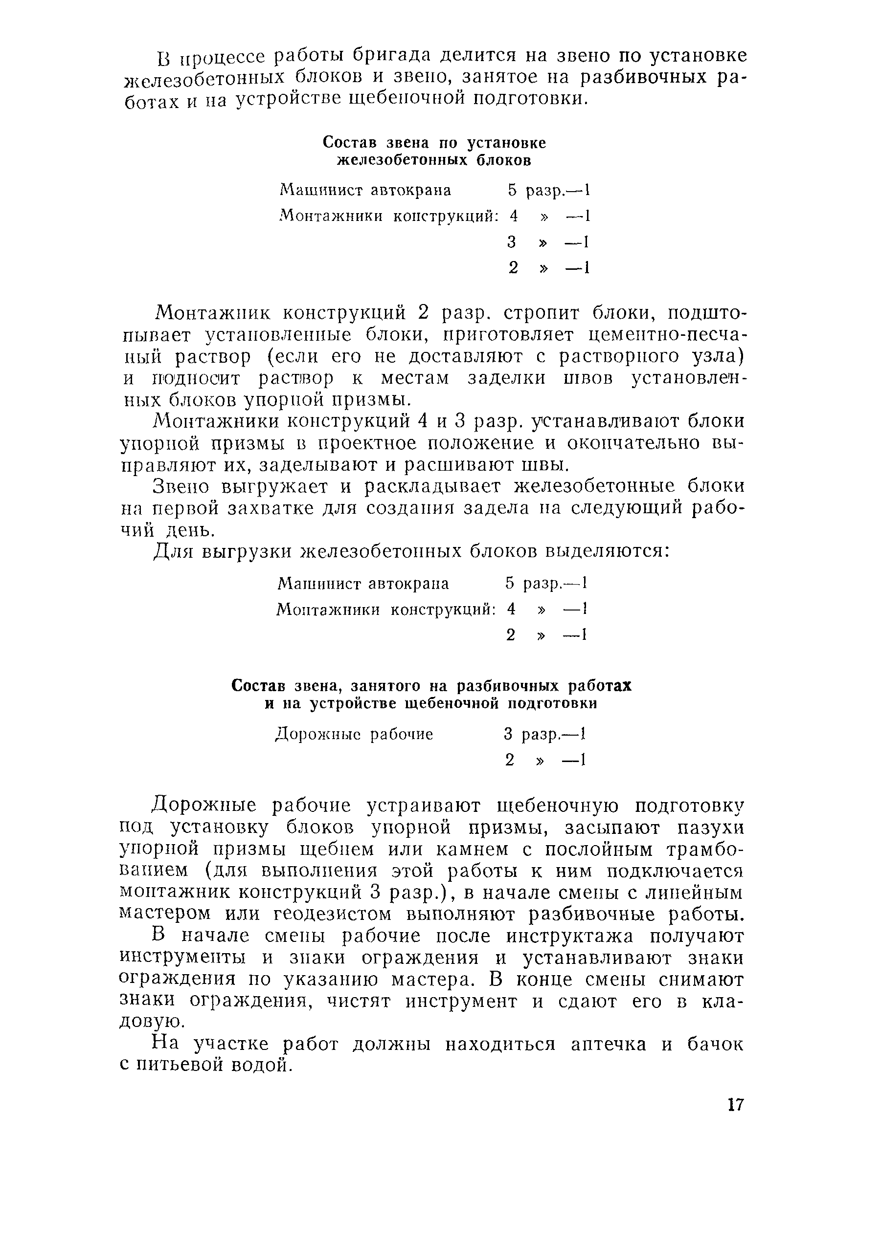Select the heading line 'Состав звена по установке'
pos(434,143)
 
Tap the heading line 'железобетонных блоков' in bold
pos(434,160)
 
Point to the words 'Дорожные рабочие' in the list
pos(354,735)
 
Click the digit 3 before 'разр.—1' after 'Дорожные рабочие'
pos(508,735)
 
